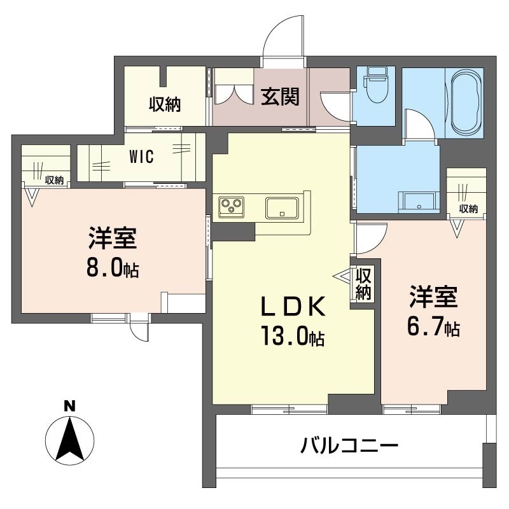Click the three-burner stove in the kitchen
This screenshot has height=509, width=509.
(x=232, y=206)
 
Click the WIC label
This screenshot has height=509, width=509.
(x=141, y=157)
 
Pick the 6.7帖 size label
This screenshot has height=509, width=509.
(x=433, y=327)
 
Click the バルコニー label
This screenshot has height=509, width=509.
(x=349, y=445)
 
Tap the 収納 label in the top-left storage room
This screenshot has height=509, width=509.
(x=165, y=104)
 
